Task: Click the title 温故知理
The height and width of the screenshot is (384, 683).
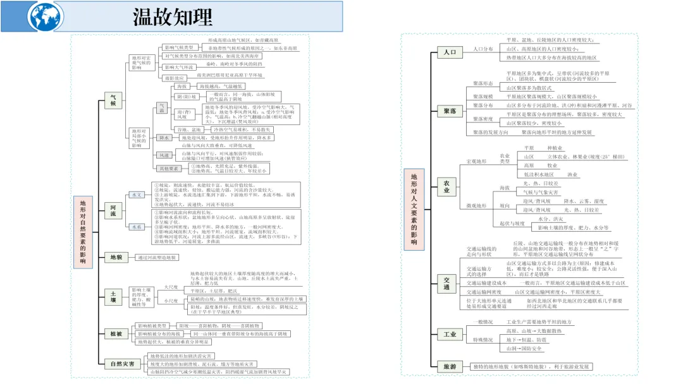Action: (x=172, y=16)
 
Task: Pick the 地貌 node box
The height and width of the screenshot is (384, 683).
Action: (x=116, y=257)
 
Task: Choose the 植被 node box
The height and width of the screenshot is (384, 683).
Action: (x=116, y=333)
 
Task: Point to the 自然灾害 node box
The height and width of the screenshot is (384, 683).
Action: (x=121, y=363)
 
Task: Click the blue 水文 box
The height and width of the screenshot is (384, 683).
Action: (x=136, y=195)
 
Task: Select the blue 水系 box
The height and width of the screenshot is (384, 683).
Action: (x=136, y=226)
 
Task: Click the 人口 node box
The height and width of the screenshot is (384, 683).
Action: (x=450, y=52)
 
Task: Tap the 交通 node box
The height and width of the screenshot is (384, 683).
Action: (x=446, y=282)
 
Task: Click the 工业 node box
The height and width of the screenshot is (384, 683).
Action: (x=450, y=334)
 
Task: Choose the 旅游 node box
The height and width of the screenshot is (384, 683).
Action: (x=450, y=366)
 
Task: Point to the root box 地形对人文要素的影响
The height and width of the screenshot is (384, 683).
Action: (x=414, y=208)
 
